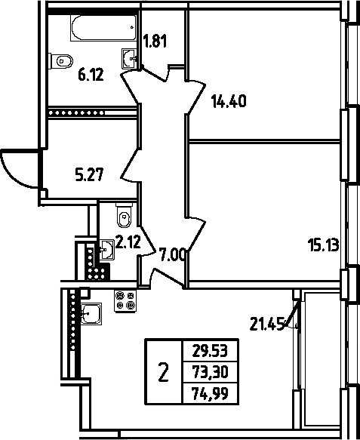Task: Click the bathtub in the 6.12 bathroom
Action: click(x=104, y=28)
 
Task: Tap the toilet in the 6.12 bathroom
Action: click(x=60, y=60)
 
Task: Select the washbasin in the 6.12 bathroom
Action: click(x=129, y=58)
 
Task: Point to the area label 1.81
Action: click(x=155, y=41)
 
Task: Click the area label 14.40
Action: click(x=229, y=101)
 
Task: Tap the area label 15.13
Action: click(x=323, y=245)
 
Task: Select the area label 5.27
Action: click(x=90, y=174)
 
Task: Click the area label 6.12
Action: click(x=91, y=75)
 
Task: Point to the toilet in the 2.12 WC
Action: click(x=124, y=215)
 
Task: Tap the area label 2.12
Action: click(x=128, y=242)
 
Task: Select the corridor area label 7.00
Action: click(x=172, y=255)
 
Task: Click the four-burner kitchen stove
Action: click(x=125, y=301)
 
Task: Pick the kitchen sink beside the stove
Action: click(x=91, y=314)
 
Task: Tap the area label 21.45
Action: click(x=267, y=324)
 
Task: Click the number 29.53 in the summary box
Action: click(x=210, y=351)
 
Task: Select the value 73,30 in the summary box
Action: click(x=210, y=372)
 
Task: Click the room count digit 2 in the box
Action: click(x=164, y=372)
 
